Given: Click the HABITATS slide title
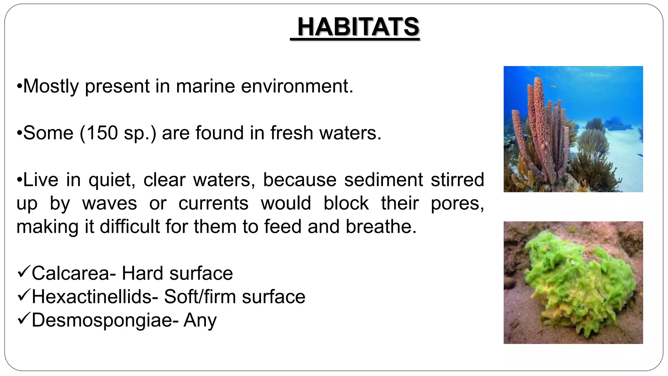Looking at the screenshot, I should coord(358,27).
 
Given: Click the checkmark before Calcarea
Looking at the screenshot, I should coord(23,272).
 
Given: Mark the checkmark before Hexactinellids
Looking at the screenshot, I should coord(23,295).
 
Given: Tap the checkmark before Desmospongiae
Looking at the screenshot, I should coord(23,319).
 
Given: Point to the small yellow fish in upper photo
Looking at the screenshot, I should coord(553,86).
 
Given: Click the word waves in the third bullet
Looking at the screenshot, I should coord(109,203).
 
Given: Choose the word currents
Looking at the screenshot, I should coord(213,203).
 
